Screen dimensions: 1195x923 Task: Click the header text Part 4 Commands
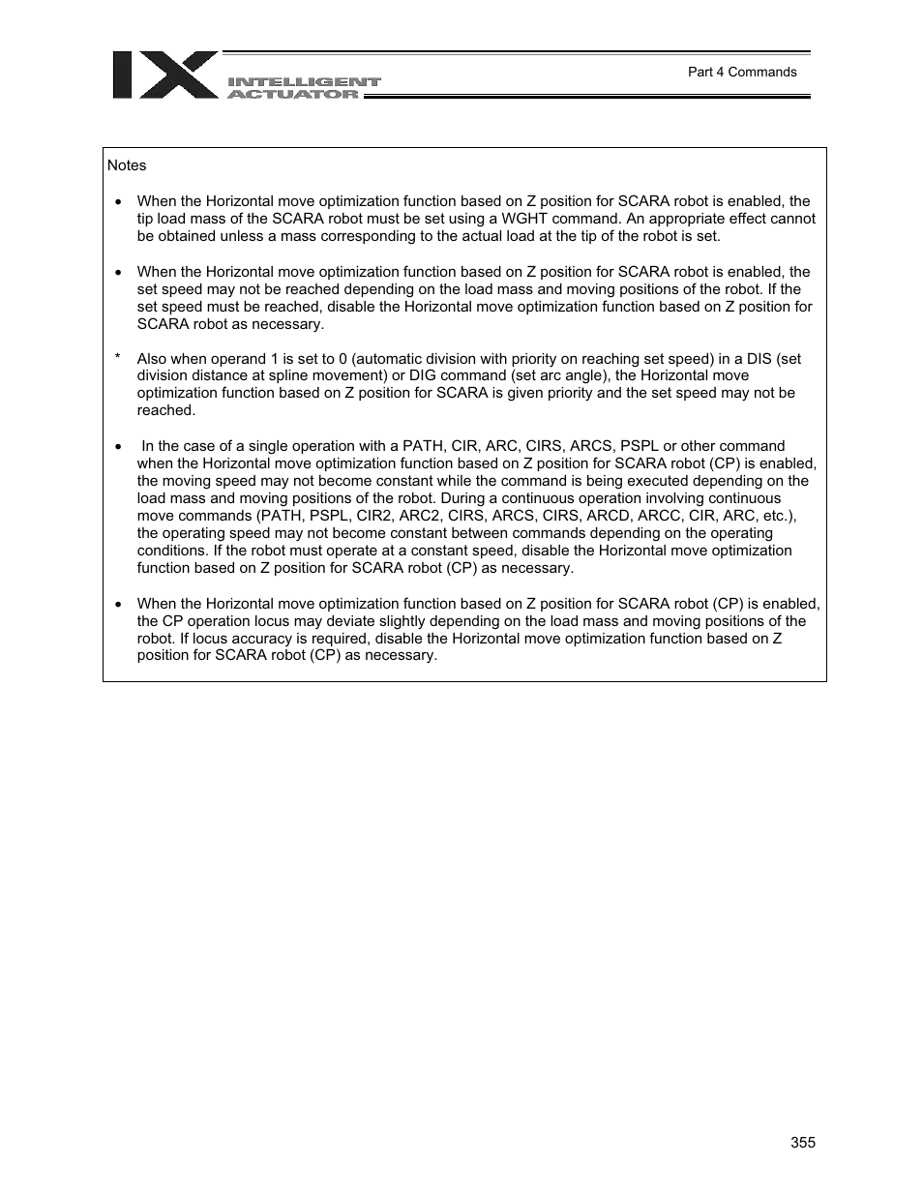click(741, 72)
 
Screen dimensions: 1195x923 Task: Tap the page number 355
click(802, 1142)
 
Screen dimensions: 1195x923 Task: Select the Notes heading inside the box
click(127, 165)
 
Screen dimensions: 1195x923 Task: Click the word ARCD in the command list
click(608, 516)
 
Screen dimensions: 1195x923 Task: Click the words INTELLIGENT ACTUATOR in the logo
click(303, 88)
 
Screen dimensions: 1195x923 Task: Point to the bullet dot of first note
click(118, 202)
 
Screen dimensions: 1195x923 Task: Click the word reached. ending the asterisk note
click(165, 410)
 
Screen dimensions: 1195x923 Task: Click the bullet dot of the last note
click(118, 605)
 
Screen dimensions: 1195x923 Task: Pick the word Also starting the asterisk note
click(153, 359)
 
